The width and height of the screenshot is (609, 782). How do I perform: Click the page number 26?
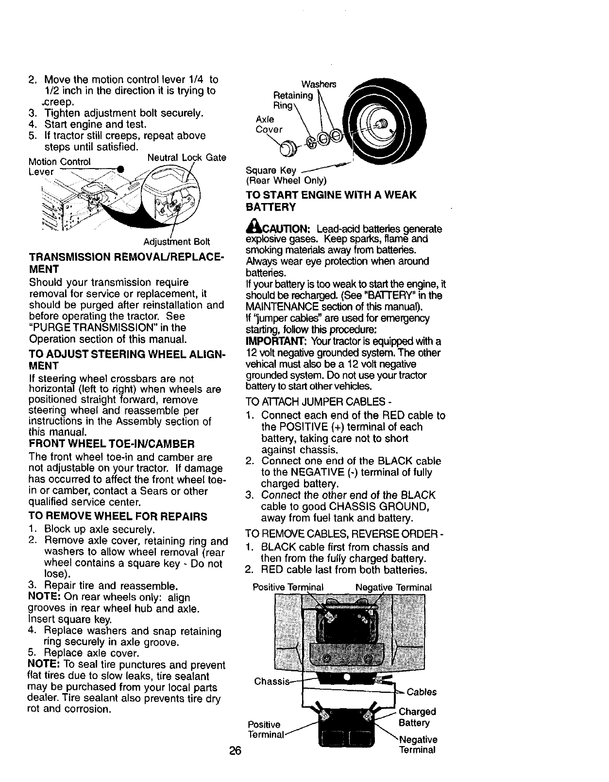236,750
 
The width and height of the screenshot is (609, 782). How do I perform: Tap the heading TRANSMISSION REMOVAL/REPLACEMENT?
125,262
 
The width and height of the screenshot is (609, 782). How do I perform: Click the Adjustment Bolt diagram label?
176,242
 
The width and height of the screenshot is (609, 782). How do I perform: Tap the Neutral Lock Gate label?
186,157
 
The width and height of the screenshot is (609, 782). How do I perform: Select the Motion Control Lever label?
58,166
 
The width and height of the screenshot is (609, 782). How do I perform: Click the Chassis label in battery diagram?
271,681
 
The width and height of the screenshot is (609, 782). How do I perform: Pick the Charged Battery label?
417,717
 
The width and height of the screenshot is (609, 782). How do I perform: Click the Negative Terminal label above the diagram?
393,587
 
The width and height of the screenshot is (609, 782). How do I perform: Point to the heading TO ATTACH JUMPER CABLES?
319,402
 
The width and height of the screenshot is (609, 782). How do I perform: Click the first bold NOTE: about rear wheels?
45,597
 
